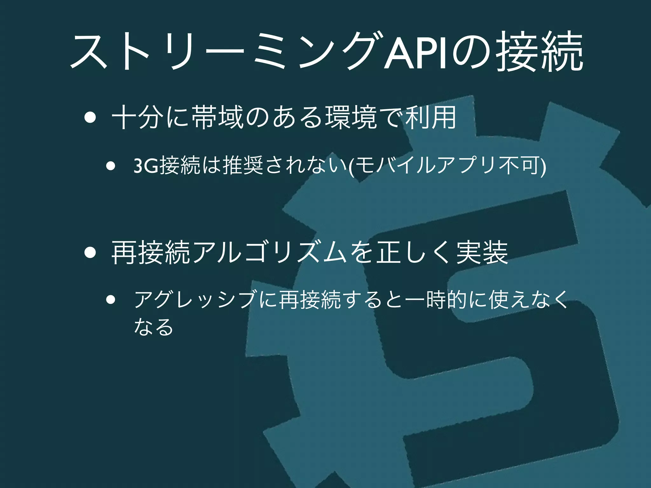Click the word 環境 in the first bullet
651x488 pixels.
point(351,118)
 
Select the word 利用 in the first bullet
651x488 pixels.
point(431,118)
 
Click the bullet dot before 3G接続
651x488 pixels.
point(111,166)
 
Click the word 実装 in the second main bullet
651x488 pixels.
point(482,253)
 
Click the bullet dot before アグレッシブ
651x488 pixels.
point(111,300)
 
